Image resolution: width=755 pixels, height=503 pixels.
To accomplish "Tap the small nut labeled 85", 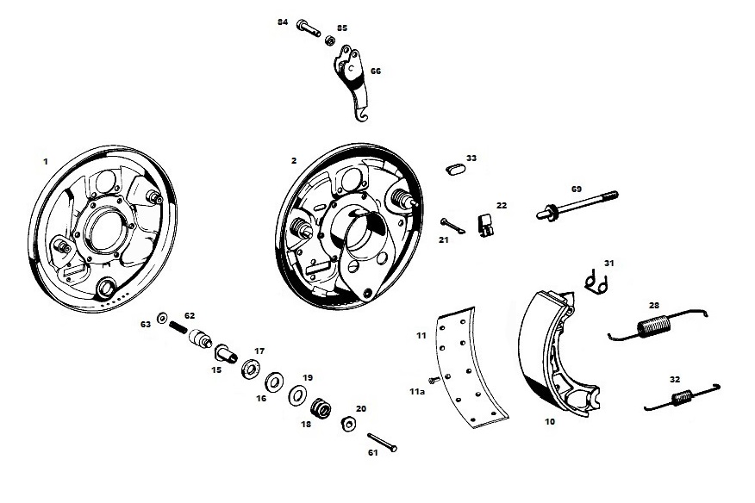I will tap(330, 40).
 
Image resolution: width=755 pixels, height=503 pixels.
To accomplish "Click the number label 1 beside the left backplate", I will tap(45, 160).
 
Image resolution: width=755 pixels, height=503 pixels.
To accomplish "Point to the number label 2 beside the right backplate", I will tap(294, 160).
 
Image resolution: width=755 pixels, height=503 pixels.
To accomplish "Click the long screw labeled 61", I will tap(382, 444).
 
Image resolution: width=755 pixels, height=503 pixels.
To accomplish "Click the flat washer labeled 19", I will tap(296, 393).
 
